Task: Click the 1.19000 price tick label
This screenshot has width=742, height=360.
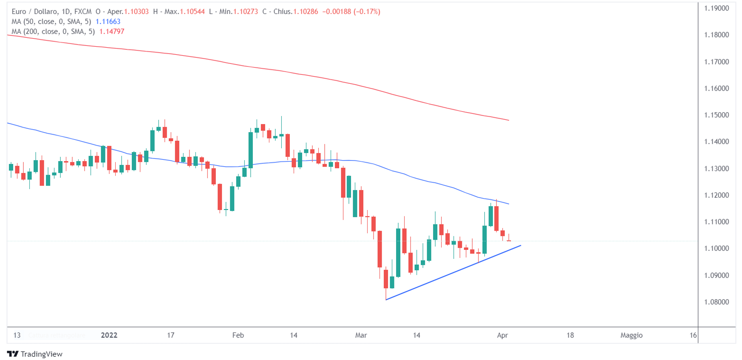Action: point(717,8)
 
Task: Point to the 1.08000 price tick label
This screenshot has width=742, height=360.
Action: point(717,302)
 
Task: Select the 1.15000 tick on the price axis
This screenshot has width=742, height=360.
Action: point(717,115)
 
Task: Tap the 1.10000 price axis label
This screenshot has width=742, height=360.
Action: point(717,249)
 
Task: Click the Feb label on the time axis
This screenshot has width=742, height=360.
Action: point(238,335)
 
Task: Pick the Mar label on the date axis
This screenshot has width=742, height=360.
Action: point(361,335)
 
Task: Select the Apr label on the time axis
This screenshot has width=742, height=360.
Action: point(502,335)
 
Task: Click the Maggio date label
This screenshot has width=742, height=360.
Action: point(631,335)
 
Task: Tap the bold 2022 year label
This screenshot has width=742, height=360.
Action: point(109,335)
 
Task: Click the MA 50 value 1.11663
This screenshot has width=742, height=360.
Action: point(108,22)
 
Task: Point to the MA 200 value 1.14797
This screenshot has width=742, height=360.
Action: point(112,31)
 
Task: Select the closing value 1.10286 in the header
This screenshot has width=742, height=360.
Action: point(305,11)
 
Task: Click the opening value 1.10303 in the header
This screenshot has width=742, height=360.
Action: point(136,11)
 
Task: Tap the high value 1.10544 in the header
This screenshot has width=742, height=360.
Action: point(192,11)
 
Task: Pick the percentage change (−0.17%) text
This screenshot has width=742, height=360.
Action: point(366,11)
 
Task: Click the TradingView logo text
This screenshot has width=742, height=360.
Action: point(41,354)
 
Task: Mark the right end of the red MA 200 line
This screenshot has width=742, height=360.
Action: point(508,120)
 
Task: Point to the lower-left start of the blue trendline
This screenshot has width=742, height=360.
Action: point(386,300)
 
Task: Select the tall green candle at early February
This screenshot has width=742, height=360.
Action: point(251,150)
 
